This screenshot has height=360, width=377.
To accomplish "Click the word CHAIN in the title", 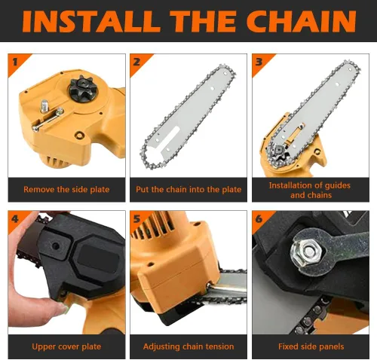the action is (x=301, y=21).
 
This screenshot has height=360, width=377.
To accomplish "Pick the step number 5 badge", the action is (x=137, y=219).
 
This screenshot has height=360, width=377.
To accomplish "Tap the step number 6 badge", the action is (x=259, y=219).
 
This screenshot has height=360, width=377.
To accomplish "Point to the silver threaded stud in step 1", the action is (x=44, y=106).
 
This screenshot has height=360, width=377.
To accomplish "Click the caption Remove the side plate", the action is (x=66, y=189).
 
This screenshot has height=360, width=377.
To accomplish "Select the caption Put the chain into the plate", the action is (x=188, y=189).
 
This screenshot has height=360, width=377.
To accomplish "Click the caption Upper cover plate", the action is (x=66, y=346).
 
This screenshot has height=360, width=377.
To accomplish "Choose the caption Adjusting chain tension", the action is (x=188, y=346).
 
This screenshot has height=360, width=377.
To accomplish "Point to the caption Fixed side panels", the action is (x=311, y=346).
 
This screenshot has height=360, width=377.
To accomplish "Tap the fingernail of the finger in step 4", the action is (x=63, y=309).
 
